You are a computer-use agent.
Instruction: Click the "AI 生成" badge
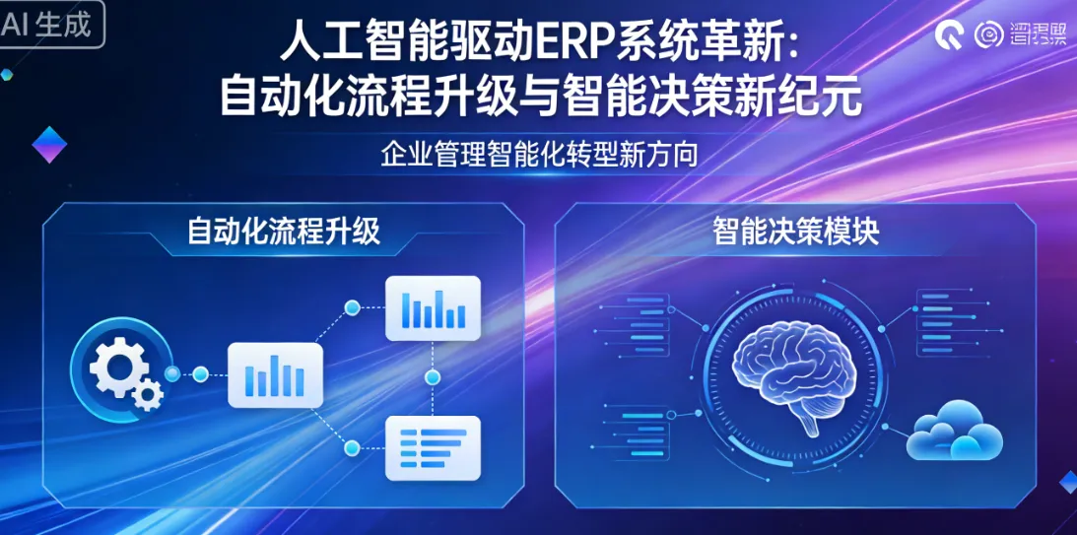point(51,25)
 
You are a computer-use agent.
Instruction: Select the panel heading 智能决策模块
point(795,233)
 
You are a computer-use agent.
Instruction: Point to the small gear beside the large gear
point(149,395)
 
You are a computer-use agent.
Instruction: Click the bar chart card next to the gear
point(275,375)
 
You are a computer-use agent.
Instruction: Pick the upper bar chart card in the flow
point(433,308)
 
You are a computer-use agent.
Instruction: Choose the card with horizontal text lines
point(433,448)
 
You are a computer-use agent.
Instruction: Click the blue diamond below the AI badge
point(49,145)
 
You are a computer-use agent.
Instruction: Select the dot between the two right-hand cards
point(431,378)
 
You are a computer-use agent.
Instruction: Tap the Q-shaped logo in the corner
point(951,35)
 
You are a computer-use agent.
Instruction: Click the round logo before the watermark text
point(988,35)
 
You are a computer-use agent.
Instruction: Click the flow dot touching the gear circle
point(173,374)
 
